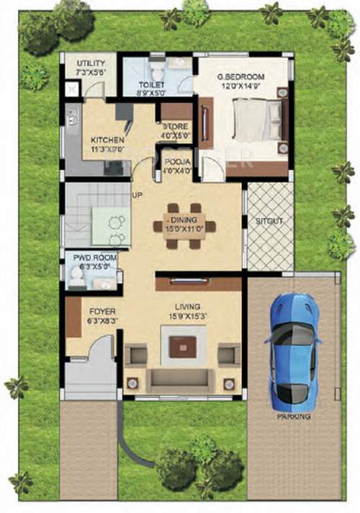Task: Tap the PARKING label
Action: (x=294, y=416)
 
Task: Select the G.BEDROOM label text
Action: (x=241, y=77)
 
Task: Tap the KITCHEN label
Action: (x=107, y=140)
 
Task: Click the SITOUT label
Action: (x=269, y=221)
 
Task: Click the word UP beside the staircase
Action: (x=136, y=195)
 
